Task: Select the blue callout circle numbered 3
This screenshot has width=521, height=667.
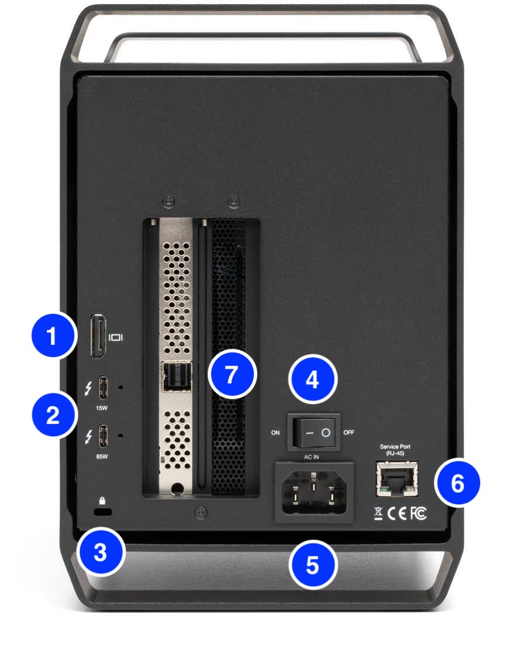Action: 101,552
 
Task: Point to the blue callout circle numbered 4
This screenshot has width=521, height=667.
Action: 313,379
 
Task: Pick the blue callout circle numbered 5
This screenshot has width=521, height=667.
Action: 313,565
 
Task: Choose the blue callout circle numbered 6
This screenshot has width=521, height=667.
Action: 457,483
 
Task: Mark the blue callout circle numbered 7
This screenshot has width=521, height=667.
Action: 233,374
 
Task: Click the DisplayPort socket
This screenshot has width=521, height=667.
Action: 97,337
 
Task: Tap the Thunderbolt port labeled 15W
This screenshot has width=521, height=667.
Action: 103,386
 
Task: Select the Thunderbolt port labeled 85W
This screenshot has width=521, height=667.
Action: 103,436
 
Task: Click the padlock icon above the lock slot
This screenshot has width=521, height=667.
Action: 103,500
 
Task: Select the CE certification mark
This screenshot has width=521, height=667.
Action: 396,513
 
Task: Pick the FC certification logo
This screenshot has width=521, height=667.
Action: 418,513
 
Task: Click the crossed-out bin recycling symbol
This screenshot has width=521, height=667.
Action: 378,513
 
